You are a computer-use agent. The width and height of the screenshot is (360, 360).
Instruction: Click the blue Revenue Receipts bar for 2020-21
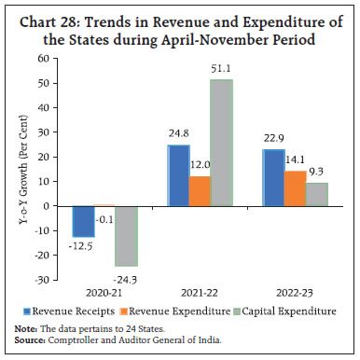coord(84,221)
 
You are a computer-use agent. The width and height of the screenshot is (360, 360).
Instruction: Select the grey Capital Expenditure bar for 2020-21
coord(126,235)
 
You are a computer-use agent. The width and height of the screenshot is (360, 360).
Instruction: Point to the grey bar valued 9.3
coord(317,193)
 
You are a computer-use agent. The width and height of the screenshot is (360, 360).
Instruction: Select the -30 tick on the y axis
coord(43,279)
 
